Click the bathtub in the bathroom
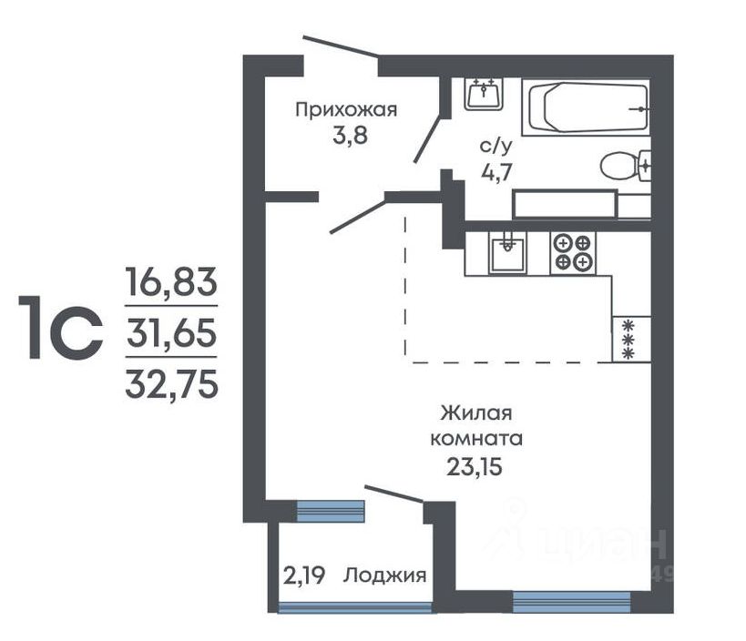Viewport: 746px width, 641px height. (x=587, y=107)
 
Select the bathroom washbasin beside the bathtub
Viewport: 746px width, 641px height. (x=484, y=94)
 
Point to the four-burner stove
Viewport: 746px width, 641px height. (x=573, y=253)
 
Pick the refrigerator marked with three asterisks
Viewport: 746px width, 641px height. (x=631, y=339)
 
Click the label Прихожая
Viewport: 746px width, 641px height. (x=346, y=110)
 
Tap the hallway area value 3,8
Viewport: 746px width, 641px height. (x=350, y=137)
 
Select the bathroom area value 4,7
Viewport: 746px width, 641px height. (x=496, y=172)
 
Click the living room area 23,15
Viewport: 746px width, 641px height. (x=475, y=467)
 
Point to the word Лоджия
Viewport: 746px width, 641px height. (x=384, y=575)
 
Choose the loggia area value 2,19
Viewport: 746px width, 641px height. (x=304, y=575)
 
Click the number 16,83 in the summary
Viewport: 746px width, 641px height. (x=171, y=281)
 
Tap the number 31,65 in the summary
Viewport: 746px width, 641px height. (x=171, y=333)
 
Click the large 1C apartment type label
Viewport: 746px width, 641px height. (x=60, y=327)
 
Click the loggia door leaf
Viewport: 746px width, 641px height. (x=394, y=493)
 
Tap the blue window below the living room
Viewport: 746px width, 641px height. (x=571, y=602)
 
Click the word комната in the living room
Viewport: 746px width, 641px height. (x=476, y=439)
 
